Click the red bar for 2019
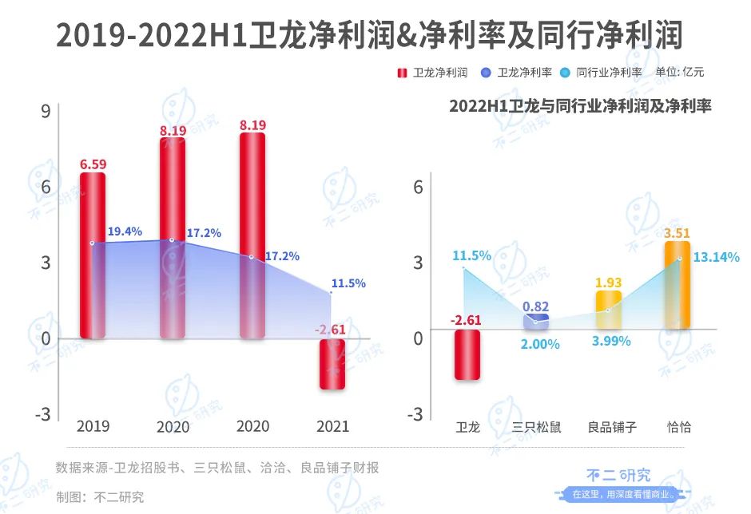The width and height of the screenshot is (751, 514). pyautogui.click(x=92, y=255)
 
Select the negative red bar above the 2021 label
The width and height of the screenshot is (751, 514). pyautogui.click(x=333, y=364)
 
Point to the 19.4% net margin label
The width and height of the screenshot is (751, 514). pyautogui.click(x=125, y=231)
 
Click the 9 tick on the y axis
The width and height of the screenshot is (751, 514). pyautogui.click(x=46, y=111)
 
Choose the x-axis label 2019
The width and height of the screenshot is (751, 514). pyautogui.click(x=93, y=426)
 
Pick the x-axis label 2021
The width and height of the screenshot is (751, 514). pyautogui.click(x=332, y=426)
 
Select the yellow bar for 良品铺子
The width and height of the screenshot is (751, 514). pyautogui.click(x=608, y=310)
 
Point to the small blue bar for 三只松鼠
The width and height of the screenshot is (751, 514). pyautogui.click(x=536, y=322)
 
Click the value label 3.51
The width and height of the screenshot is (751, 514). pyautogui.click(x=677, y=233)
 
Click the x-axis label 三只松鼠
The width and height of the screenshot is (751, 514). pyautogui.click(x=536, y=427)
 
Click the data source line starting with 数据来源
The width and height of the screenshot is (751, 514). pyautogui.click(x=217, y=468)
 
